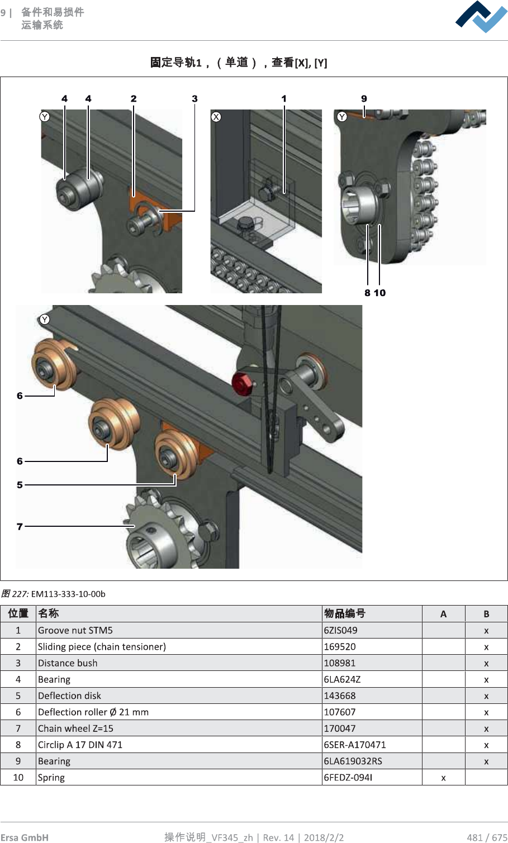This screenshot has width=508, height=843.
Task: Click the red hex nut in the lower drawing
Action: (x=243, y=383)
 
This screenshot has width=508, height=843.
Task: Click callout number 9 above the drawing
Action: (x=364, y=99)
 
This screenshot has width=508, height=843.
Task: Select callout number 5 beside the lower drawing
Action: (x=20, y=485)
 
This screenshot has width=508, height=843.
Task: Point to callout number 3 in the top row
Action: (x=194, y=99)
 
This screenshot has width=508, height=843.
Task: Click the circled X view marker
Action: (x=216, y=117)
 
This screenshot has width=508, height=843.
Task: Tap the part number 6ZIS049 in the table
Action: (x=341, y=630)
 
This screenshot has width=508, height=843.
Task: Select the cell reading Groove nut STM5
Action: (x=75, y=630)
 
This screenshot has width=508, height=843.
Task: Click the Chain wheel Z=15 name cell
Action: (x=75, y=728)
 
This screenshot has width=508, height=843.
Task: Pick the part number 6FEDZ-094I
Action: (x=348, y=777)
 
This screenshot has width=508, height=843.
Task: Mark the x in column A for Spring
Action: (x=443, y=777)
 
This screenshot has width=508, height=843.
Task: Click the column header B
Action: (x=486, y=614)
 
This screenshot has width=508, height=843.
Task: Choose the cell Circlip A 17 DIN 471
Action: (x=80, y=745)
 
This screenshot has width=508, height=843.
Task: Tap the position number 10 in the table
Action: (x=18, y=777)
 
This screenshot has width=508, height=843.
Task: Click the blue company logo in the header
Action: (x=481, y=17)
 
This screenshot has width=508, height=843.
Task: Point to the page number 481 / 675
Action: (x=487, y=837)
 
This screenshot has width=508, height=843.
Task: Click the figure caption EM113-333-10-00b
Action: (x=68, y=594)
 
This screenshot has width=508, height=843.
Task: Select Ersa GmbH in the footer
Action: (x=25, y=837)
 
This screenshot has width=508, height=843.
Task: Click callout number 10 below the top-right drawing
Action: (x=380, y=293)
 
